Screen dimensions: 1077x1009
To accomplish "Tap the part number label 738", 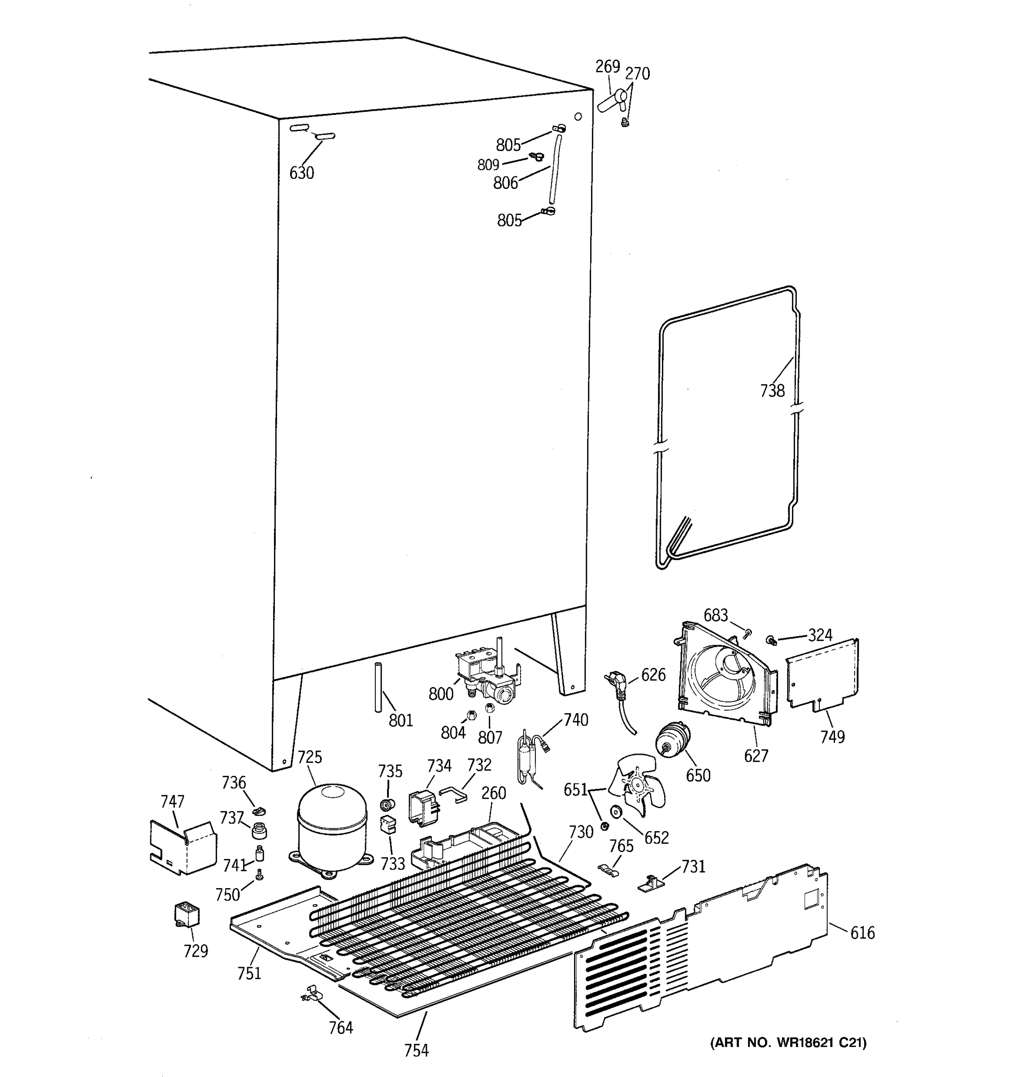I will [772, 390].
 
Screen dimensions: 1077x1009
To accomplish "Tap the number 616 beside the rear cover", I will [862, 933].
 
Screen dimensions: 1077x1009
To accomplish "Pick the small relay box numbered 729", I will [186, 915].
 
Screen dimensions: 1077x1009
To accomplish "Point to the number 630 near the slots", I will [301, 173].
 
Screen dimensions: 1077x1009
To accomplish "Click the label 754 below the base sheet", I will [416, 1051].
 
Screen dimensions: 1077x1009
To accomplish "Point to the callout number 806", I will [505, 183].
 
